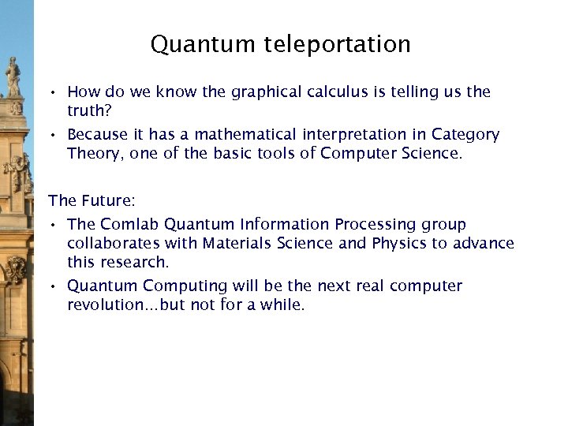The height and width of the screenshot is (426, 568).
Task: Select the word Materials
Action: coord(237,243)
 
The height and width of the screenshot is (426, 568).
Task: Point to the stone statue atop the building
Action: coord(13,77)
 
